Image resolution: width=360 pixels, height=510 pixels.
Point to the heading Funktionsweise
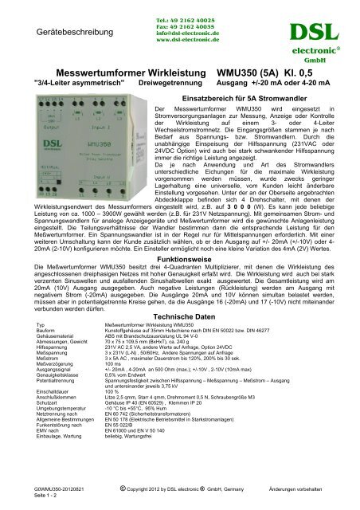pos(179,249)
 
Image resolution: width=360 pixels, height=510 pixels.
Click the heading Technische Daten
pos(179,316)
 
